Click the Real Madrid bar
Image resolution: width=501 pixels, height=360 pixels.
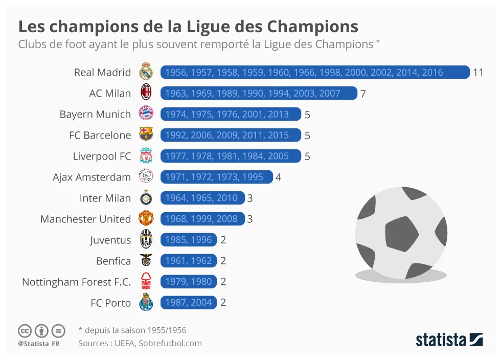314,72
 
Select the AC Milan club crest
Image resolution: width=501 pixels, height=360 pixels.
146,93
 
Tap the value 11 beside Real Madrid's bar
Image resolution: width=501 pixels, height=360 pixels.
478,72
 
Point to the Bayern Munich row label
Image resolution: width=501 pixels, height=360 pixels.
95,114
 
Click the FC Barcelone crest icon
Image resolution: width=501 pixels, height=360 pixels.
146,135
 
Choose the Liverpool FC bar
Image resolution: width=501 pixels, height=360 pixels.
231,156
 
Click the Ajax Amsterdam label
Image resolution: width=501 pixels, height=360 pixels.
92,177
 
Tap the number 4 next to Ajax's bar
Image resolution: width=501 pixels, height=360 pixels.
279,177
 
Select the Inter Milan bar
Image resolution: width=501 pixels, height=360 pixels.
202,198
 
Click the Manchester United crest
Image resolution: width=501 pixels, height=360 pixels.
146,219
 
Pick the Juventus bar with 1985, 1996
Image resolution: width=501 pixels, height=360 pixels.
189,240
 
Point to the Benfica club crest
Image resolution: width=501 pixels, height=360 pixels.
146,261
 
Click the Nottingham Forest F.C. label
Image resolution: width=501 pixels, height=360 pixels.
77,282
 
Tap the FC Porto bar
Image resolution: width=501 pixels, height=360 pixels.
189,303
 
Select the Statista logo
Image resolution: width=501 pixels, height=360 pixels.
449,339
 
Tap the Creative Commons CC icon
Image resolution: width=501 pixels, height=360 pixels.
25,330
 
